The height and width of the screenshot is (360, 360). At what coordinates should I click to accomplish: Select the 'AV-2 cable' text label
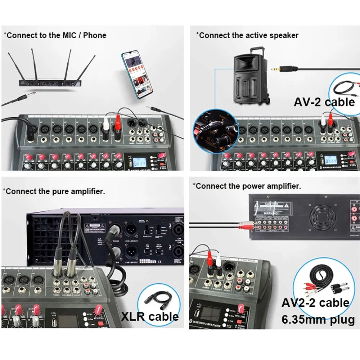[x=324, y=102]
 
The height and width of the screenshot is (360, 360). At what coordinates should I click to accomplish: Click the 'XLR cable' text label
[x=150, y=316]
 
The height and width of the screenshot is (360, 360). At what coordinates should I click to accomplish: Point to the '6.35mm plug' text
[x=318, y=319]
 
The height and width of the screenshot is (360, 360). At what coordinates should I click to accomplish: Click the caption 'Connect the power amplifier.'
[x=247, y=186]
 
